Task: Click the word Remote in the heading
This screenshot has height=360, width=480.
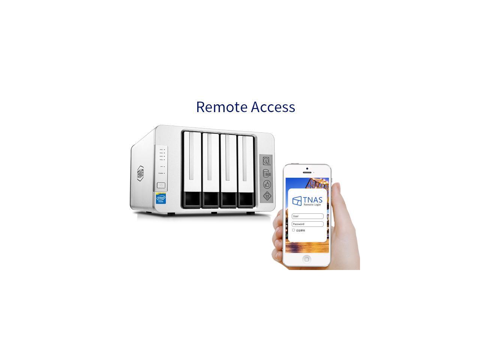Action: (222, 107)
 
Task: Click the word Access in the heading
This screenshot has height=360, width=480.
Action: (273, 107)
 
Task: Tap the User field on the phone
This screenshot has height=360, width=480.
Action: (307, 216)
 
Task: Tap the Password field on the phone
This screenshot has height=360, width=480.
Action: (307, 224)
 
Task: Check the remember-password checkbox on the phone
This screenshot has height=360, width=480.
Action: (293, 230)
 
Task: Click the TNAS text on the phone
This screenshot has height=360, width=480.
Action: (313, 199)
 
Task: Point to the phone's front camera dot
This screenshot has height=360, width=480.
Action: (307, 169)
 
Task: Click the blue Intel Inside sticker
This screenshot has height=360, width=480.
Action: (161, 198)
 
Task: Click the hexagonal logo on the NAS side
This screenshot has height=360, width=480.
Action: (140, 173)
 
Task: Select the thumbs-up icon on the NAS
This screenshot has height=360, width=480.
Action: (267, 184)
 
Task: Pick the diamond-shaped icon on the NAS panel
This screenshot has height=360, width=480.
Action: (267, 195)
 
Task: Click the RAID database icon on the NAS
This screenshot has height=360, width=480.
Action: (267, 173)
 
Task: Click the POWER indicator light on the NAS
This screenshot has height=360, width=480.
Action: (164, 173)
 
